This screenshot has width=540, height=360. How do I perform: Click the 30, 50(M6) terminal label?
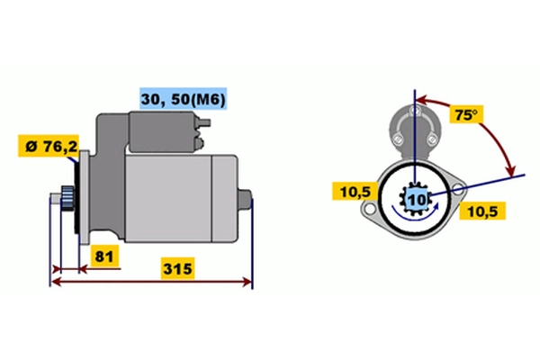[184, 99]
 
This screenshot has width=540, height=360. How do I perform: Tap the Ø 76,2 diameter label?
[49, 146]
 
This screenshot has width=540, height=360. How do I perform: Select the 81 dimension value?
[104, 256]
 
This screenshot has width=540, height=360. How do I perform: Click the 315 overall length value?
[177, 268]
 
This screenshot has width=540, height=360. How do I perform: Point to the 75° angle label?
[466, 114]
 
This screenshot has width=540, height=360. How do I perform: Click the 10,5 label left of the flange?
[355, 191]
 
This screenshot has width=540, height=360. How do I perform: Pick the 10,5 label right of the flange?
[482, 211]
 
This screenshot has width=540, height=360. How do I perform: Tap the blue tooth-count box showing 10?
[418, 200]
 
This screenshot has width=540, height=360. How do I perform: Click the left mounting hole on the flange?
[370, 209]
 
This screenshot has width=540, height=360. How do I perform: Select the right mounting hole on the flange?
[458, 188]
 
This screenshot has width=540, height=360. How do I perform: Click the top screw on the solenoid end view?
[415, 111]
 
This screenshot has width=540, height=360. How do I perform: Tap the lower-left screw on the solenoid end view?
[398, 139]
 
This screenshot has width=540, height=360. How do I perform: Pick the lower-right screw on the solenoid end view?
[431, 139]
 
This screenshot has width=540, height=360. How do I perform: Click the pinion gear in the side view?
[67, 200]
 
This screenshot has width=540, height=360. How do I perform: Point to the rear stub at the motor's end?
[245, 199]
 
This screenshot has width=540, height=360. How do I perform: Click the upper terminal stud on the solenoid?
[203, 123]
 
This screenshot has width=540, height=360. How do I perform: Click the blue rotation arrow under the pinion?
[416, 213]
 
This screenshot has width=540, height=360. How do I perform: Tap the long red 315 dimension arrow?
[151, 282]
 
